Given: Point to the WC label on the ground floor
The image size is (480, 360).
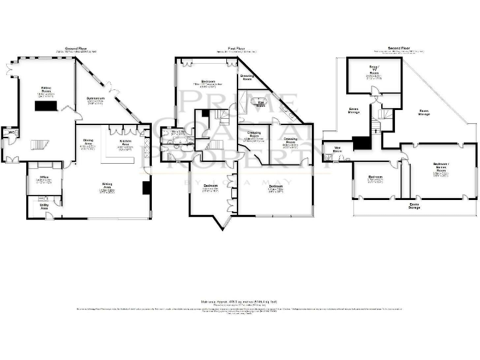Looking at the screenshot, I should pyautogui.click(x=11, y=132).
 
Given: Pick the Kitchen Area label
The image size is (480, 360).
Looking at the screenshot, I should pyautogui.click(x=126, y=143).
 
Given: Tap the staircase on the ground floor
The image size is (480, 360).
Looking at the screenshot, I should pyautogui.click(x=39, y=145).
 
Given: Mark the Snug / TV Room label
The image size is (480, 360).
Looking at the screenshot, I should pyautogui.click(x=373, y=74).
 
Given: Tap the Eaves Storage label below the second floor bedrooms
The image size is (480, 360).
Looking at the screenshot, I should pyautogui.click(x=414, y=206).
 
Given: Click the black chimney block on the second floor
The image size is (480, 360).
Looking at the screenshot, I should pyautogui.click(x=361, y=143).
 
